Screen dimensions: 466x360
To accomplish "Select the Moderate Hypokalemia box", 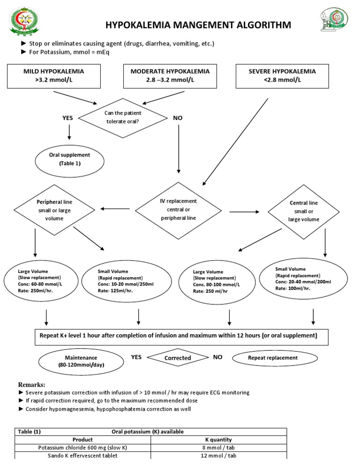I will coord(170,76).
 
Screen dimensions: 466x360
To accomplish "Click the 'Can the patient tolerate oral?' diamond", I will coord(123,117).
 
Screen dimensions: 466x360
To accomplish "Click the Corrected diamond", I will coord(178,358).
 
